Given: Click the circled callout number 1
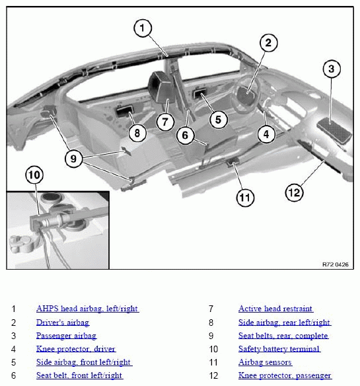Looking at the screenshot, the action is [143, 28].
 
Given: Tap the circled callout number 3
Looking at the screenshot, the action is [332, 69].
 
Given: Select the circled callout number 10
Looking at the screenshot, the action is [34, 175].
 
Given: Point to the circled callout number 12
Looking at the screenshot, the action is [295, 192].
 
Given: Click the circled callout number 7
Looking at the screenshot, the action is [165, 122].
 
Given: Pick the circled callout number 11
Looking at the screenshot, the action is [245, 198].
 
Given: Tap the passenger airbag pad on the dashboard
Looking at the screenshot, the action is [334, 130].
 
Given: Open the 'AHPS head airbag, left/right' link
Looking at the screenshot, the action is [88, 309].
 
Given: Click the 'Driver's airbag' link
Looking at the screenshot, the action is [63, 323].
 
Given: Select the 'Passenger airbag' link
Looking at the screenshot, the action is [67, 336].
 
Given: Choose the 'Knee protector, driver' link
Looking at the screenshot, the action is [76, 349].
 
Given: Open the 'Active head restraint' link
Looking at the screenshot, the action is [275, 309].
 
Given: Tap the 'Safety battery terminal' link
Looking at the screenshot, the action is [279, 349].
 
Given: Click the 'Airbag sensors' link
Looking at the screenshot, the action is [266, 362].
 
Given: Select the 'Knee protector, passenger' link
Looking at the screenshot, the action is [285, 375].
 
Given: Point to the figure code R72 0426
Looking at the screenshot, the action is [336, 264].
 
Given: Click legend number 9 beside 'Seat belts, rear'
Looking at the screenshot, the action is [211, 336].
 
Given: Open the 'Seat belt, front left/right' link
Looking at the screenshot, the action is [79, 375].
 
